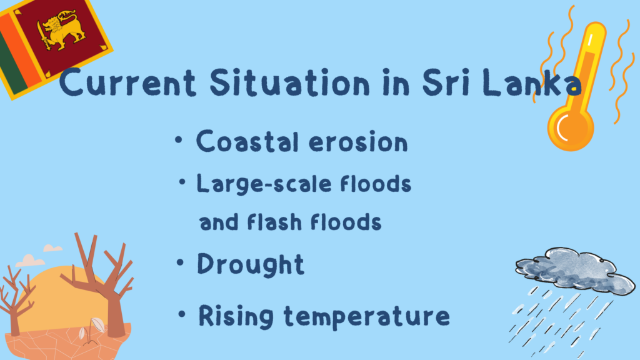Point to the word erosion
[x=358, y=142]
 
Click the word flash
[x=274, y=222]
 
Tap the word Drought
[x=251, y=264]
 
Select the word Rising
[x=236, y=316]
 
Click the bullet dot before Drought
[x=180, y=262]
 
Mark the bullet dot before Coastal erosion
[x=178, y=140]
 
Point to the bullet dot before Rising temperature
[x=182, y=314]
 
